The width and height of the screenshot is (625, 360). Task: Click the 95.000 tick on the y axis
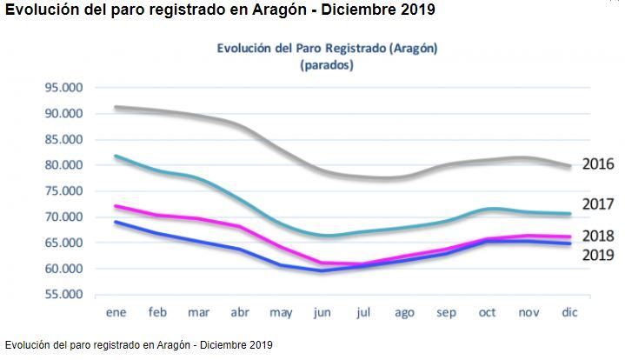63,88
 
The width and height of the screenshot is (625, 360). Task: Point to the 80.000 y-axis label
63,165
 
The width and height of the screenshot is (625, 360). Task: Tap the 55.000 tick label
63,295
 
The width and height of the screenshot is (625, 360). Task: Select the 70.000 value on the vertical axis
63,217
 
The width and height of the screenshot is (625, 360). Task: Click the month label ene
116,311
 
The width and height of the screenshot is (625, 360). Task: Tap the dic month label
569,311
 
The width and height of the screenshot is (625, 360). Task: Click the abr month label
240,311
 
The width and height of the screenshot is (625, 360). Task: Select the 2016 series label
598,163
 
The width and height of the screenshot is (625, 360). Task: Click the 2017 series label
598,205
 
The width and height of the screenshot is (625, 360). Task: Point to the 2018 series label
598,236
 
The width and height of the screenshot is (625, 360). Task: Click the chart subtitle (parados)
326,65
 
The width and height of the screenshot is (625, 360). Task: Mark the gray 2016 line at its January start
116,107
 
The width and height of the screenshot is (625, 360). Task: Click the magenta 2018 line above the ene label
116,207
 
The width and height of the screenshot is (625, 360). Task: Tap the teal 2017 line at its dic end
569,214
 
